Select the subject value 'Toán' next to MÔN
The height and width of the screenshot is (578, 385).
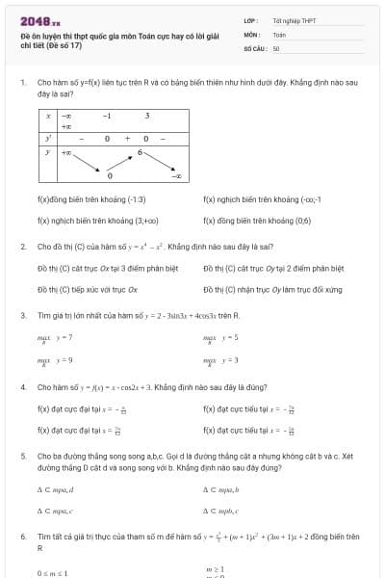click(x=279, y=34)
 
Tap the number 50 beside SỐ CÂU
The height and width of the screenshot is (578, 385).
click(x=276, y=47)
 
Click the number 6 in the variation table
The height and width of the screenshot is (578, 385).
click(x=140, y=152)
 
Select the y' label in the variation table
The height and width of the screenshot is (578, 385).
click(x=48, y=138)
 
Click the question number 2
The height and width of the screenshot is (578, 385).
click(x=22, y=247)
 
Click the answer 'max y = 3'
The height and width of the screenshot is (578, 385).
click(x=220, y=359)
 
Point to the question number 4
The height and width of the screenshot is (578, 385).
click(x=22, y=386)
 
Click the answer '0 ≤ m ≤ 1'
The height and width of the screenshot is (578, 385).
click(x=54, y=572)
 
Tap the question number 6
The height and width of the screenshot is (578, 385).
click(x=22, y=535)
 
